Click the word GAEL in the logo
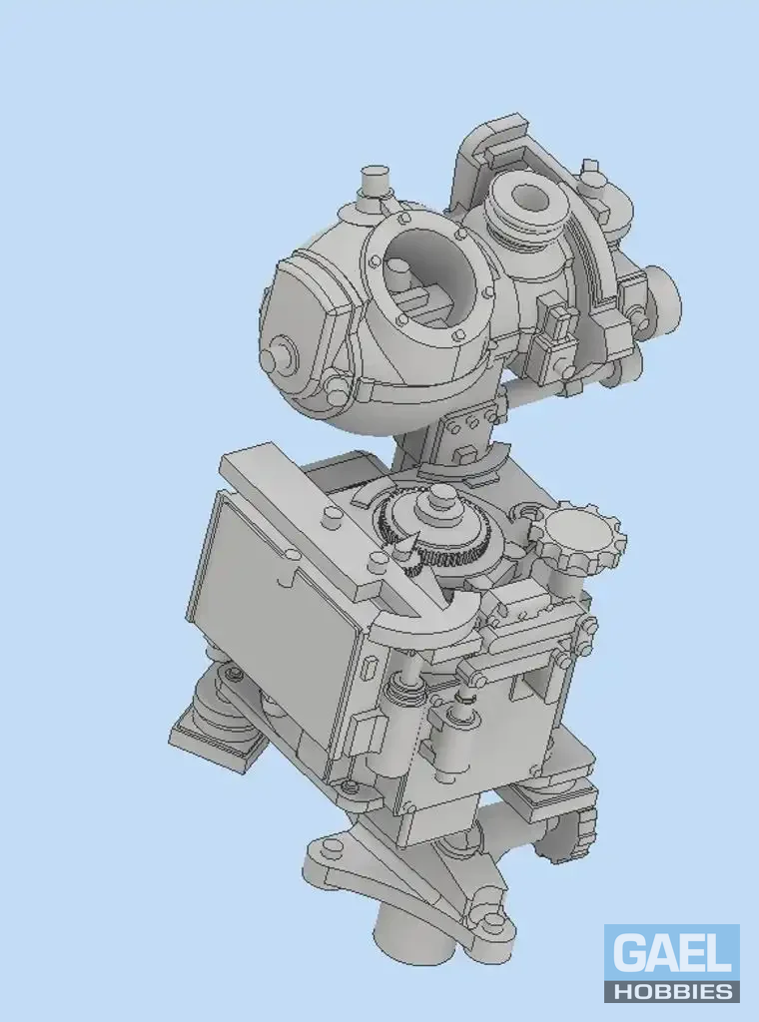tap(672, 952)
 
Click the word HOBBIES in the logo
tap(672, 991)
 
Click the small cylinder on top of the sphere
tap(375, 181)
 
